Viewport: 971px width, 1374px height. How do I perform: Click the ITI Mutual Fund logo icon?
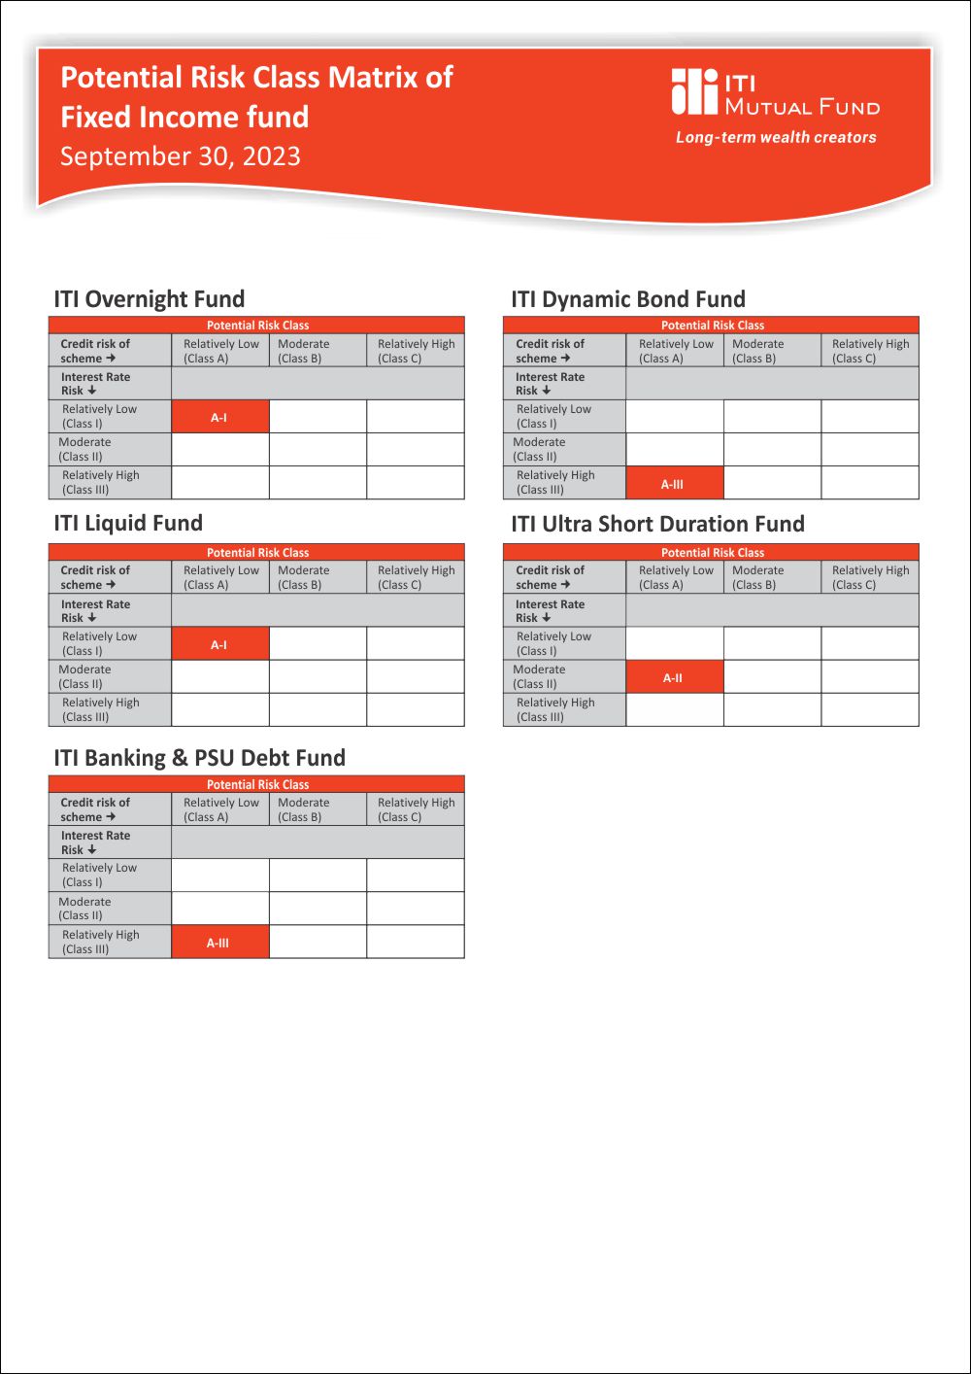pos(694,91)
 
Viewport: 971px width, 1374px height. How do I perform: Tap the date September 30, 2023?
pos(181,156)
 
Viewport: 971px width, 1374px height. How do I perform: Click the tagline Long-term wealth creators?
pos(776,138)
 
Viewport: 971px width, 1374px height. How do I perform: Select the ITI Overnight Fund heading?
pos(150,299)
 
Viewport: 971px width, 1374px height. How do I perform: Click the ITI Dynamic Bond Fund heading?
pos(628,299)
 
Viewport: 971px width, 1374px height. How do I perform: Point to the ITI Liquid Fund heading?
pos(128,524)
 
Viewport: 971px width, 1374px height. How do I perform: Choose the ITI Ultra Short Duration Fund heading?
pos(657,525)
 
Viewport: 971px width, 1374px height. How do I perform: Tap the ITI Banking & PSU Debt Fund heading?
pos(199,758)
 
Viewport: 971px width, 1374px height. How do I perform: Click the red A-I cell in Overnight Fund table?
pos(220,417)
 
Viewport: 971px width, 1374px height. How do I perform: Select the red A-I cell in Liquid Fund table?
pos(220,644)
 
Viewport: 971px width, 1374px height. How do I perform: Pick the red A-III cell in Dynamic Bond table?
pos(674,483)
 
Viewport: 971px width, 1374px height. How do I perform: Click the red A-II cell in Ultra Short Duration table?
pos(674,677)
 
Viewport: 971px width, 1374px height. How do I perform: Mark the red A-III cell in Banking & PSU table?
pos(219,943)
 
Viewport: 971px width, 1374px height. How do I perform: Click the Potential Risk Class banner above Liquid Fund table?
pos(257,552)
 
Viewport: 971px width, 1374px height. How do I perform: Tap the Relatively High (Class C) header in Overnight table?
pos(416,351)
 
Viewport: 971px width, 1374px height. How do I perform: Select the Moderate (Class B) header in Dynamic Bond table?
pos(757,351)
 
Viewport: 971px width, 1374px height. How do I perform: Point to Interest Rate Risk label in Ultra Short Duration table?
pos(550,610)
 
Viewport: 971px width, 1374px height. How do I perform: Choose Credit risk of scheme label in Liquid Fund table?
pos(94,577)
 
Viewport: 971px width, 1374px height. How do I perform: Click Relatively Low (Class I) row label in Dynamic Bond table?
pos(553,416)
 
